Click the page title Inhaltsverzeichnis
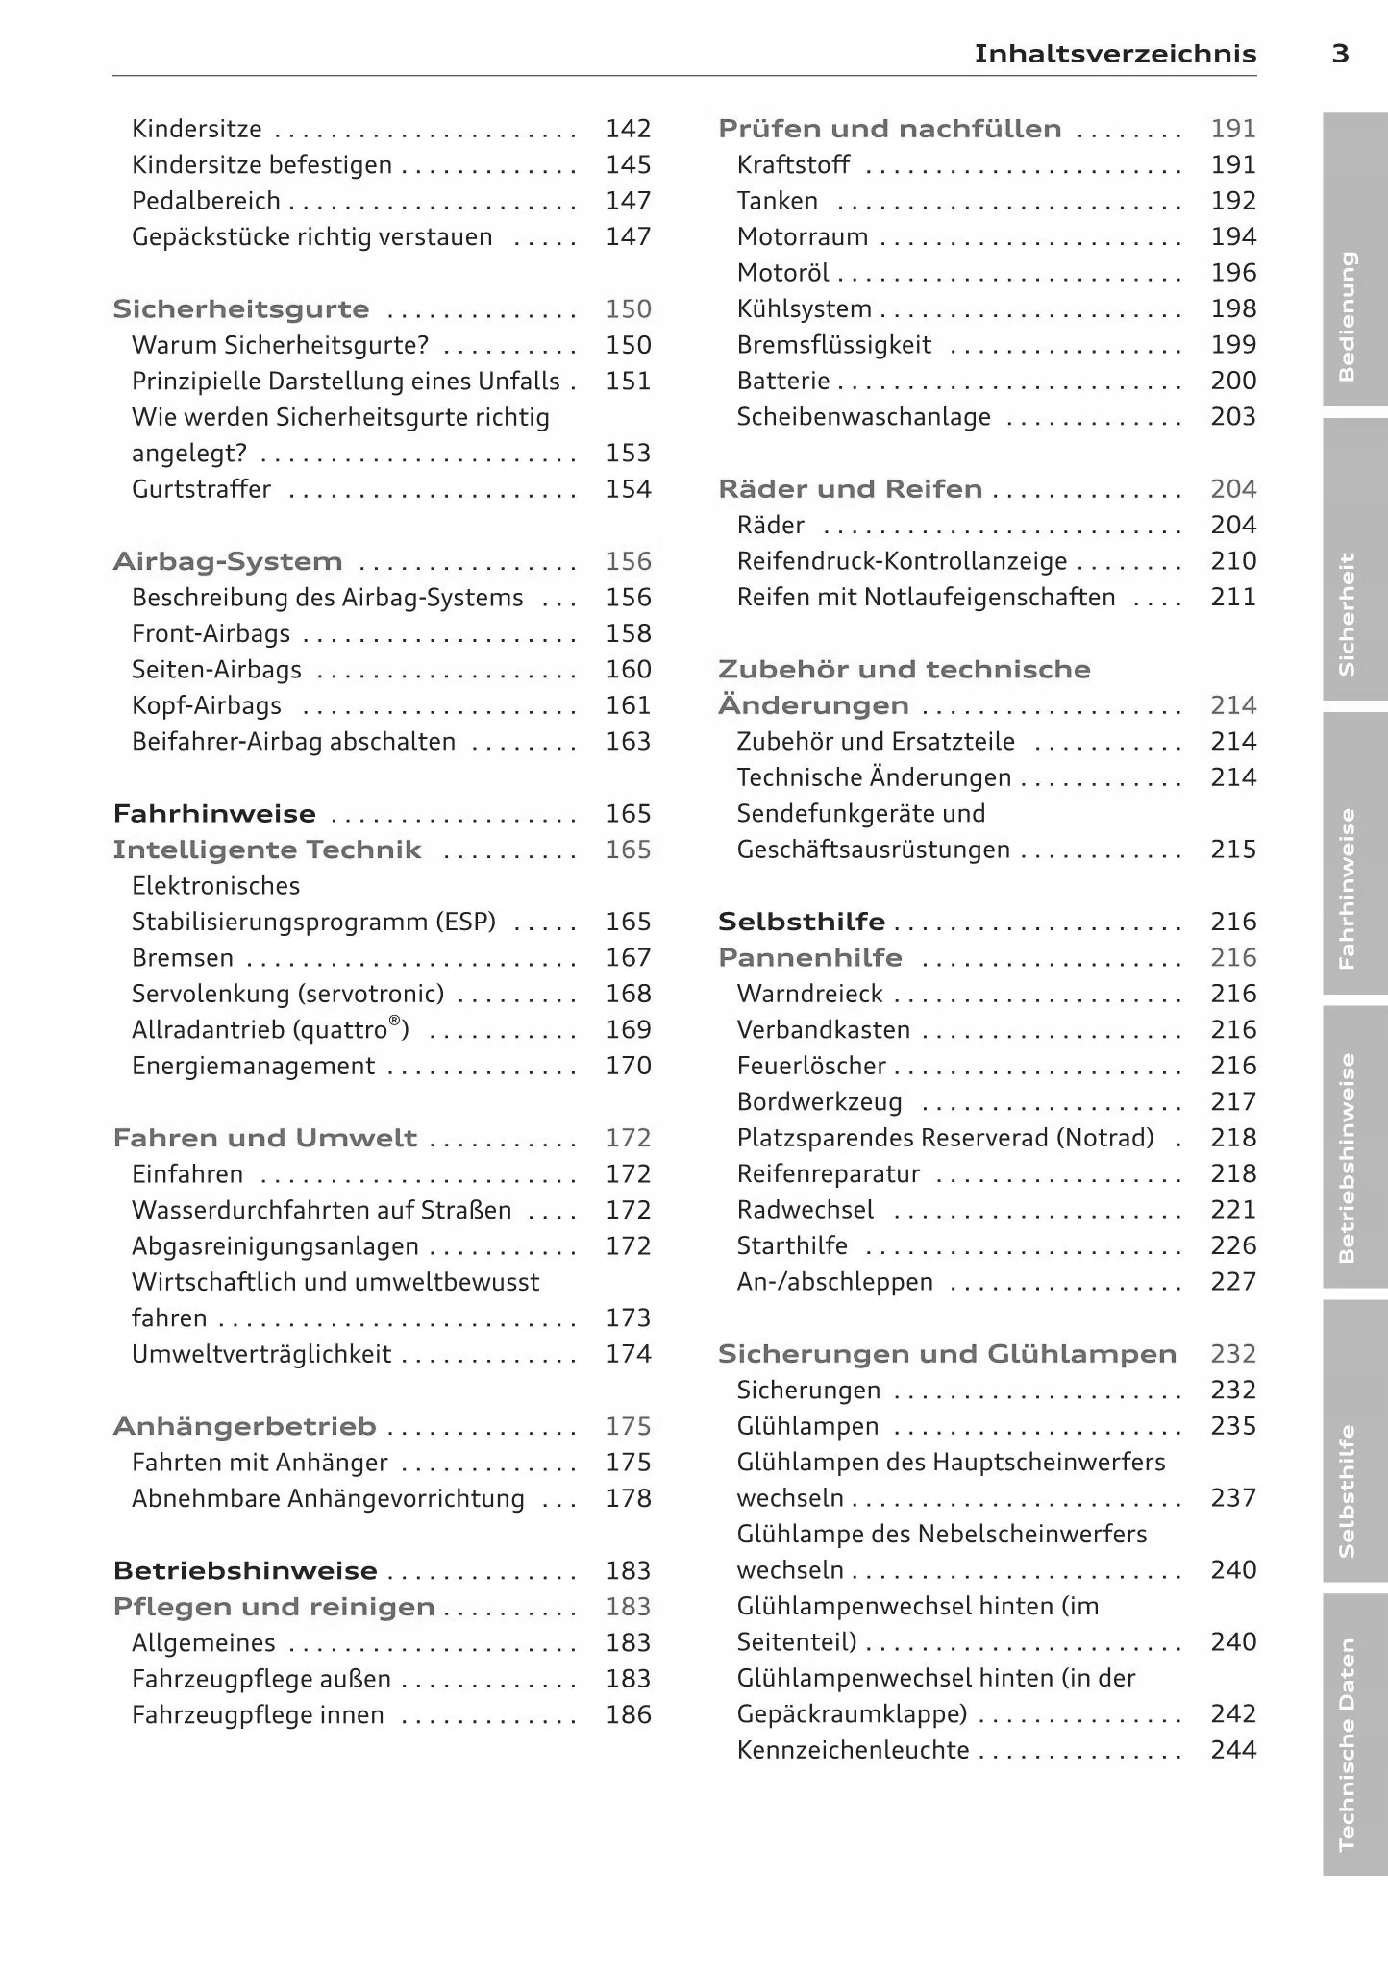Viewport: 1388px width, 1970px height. click(x=1115, y=54)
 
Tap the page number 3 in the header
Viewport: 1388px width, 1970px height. click(x=1340, y=54)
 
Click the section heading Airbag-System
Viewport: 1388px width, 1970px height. click(x=228, y=561)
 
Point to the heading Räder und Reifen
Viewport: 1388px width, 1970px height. click(x=850, y=489)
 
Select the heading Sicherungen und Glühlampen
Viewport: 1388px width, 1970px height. click(x=947, y=1354)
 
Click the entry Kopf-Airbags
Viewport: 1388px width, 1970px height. click(x=207, y=705)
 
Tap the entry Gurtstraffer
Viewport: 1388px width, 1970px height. click(x=201, y=489)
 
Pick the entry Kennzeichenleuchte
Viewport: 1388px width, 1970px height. click(x=853, y=1750)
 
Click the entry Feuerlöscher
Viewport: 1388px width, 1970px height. click(x=811, y=1066)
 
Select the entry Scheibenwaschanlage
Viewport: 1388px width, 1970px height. click(x=863, y=417)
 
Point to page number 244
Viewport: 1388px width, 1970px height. click(x=1233, y=1750)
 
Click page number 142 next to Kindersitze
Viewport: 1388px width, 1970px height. click(x=629, y=129)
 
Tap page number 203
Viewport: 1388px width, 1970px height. click(x=1233, y=417)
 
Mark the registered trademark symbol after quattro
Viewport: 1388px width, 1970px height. click(x=395, y=1022)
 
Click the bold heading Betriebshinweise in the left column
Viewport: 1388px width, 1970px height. click(x=245, y=1570)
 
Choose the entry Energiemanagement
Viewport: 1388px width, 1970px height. click(x=253, y=1066)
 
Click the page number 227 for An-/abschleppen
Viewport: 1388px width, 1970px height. click(x=1233, y=1282)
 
